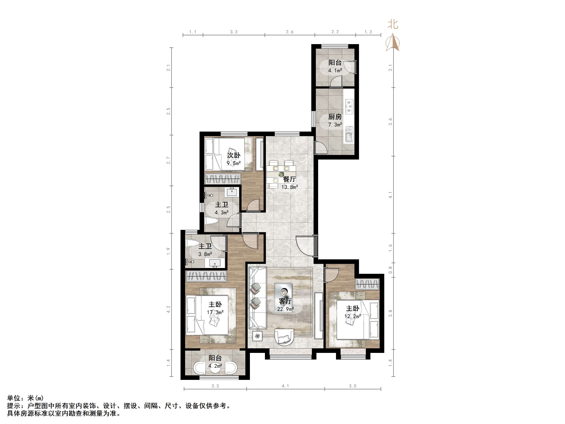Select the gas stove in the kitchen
click(x=349, y=107)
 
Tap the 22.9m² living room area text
click(x=286, y=309)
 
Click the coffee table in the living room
click(x=283, y=293)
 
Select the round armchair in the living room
click(x=284, y=337)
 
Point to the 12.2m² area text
click(x=353, y=316)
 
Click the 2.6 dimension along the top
click(x=290, y=32)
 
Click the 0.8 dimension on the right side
click(x=390, y=270)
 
